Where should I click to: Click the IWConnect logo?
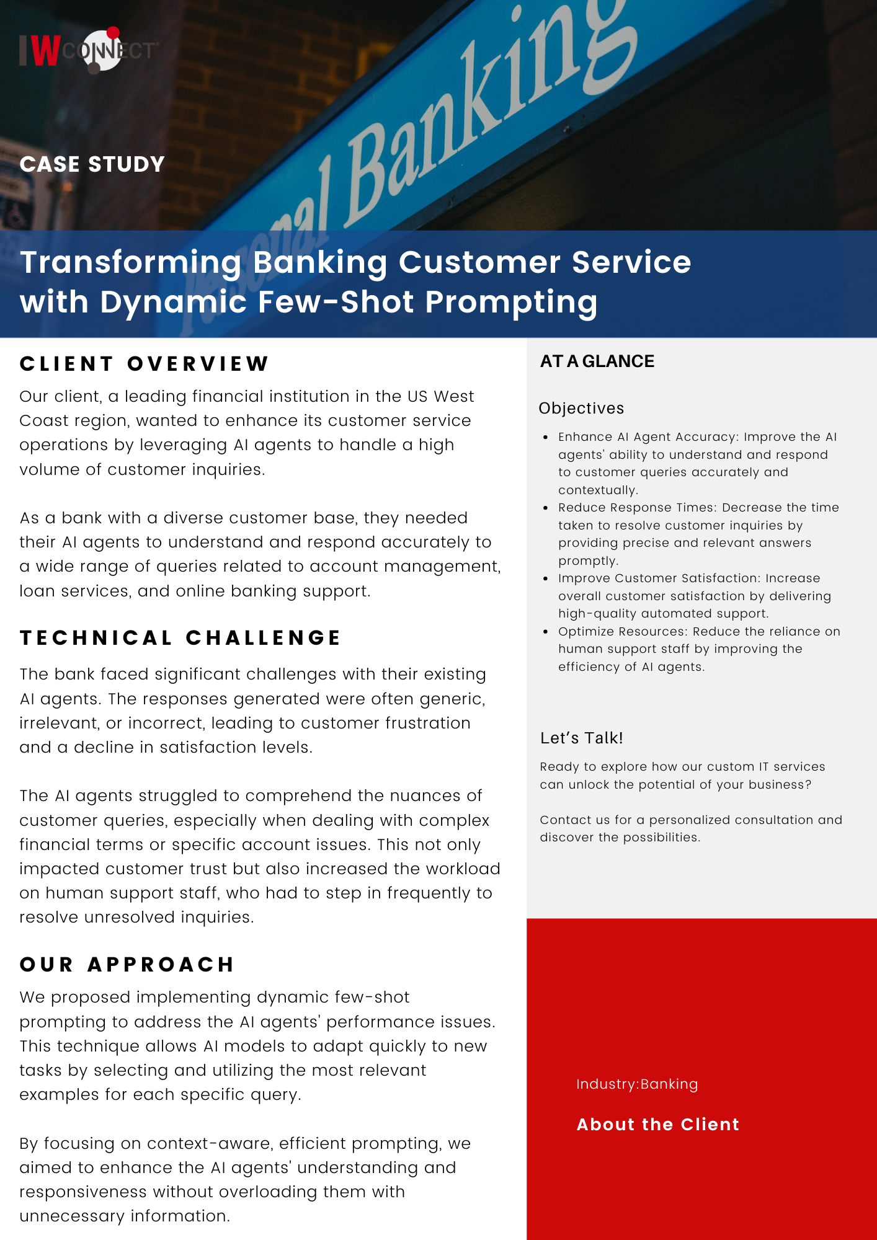89,50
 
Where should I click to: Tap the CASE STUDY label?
92,164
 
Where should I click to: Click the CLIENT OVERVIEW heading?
144,363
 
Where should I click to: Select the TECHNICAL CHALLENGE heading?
180,638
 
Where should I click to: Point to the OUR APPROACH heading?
127,964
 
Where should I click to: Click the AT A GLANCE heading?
597,361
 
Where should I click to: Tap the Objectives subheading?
581,409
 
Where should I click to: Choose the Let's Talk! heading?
581,738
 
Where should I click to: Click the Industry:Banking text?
637,1084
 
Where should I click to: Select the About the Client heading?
658,1125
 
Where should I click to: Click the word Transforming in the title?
131,263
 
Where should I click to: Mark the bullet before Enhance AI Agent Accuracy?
545,437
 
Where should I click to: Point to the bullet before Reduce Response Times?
545,508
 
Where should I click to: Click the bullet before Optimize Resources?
545,632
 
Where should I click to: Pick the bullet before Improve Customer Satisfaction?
545,578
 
